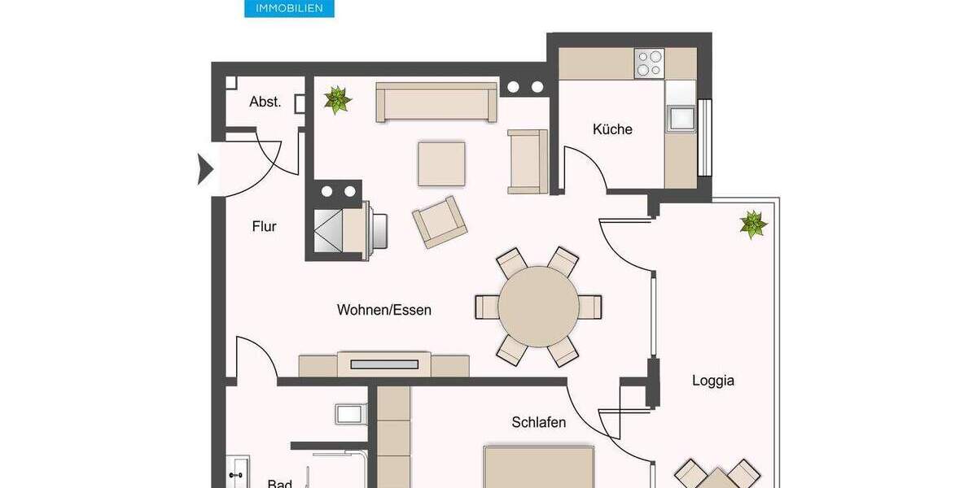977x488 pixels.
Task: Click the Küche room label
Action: pyautogui.click(x=612, y=129)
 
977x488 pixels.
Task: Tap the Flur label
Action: pyautogui.click(x=264, y=227)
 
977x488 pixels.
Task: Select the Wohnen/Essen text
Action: pyautogui.click(x=384, y=310)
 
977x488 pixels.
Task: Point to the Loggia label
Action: pyautogui.click(x=713, y=380)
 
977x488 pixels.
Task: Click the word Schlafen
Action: pyautogui.click(x=539, y=422)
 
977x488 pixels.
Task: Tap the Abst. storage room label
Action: pyautogui.click(x=265, y=102)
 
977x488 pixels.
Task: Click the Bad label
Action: pyautogui.click(x=279, y=483)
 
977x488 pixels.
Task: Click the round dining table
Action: pyautogui.click(x=538, y=307)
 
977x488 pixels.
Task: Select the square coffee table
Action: pyautogui.click(x=442, y=164)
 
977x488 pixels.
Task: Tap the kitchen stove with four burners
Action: pyautogui.click(x=650, y=63)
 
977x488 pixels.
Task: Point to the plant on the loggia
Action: pyautogui.click(x=753, y=224)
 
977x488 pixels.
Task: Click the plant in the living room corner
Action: pyautogui.click(x=336, y=99)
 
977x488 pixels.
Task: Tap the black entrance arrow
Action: pyautogui.click(x=205, y=169)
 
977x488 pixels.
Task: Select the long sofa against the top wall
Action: pyautogui.click(x=436, y=102)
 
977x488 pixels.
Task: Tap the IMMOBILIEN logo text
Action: pyautogui.click(x=289, y=8)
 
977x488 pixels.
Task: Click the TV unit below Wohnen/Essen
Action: pyautogui.click(x=384, y=364)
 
